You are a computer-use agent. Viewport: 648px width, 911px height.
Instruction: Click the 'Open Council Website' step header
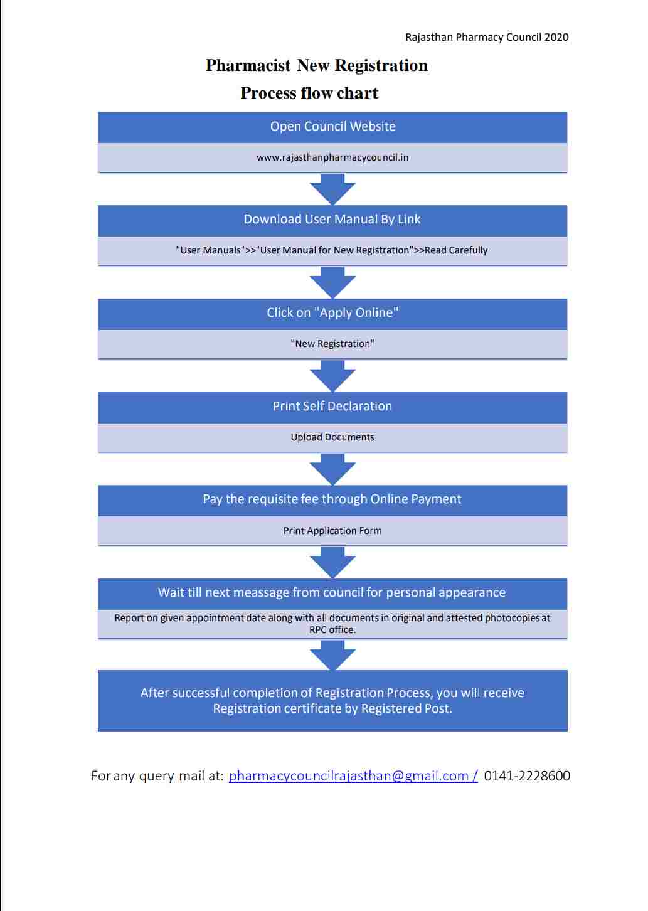pos(332,127)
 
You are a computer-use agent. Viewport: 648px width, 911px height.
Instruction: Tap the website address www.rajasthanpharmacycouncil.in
pos(332,157)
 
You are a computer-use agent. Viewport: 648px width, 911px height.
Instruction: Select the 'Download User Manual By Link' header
pos(332,220)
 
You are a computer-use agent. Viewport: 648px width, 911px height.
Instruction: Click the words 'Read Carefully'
pos(456,250)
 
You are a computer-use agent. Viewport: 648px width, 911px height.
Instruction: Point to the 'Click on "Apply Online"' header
pos(332,313)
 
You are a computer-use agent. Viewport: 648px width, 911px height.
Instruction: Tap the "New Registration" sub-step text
pos(332,344)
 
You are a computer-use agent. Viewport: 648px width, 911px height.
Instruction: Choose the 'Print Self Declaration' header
pos(332,407)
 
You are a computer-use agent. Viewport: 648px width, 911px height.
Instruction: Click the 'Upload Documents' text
pos(332,437)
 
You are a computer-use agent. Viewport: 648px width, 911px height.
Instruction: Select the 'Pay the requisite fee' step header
pos(332,499)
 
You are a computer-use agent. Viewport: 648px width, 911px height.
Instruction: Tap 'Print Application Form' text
pos(332,531)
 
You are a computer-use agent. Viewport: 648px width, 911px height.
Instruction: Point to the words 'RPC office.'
pos(332,630)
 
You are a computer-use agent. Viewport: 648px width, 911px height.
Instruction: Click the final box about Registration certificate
pos(332,701)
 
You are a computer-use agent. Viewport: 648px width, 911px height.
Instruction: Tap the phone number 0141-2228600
pos(527,776)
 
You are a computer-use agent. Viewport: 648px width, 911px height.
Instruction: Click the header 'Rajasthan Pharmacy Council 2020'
pos(487,38)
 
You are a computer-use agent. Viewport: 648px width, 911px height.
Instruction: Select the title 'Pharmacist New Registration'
pos(317,66)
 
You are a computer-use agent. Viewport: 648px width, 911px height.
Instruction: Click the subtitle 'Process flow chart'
pos(309,93)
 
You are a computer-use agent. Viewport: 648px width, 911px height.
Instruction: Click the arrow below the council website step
pos(332,189)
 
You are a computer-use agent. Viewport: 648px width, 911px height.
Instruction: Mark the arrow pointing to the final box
pos(332,656)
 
